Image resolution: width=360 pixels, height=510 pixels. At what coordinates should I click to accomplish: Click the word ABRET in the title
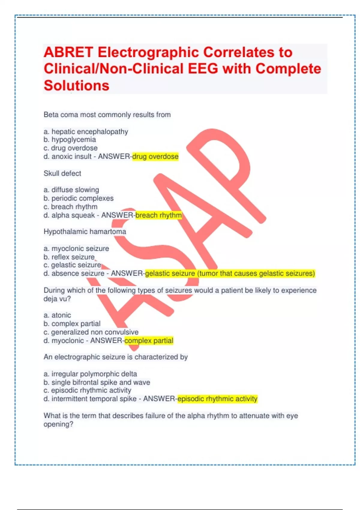tap(68, 52)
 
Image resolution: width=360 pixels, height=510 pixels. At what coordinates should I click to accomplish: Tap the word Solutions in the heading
tap(76, 85)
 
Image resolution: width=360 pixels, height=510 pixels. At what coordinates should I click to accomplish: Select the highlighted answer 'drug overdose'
tap(155, 157)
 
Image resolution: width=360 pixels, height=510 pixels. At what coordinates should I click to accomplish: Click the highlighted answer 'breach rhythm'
tap(158, 215)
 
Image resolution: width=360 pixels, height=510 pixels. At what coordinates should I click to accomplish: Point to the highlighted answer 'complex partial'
tap(149, 341)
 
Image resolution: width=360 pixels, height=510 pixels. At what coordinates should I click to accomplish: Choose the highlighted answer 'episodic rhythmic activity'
tap(217, 399)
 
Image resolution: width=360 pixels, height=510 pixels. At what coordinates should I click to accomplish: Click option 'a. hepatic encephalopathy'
tap(86, 132)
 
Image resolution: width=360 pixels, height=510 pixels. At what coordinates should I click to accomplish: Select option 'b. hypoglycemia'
tap(70, 140)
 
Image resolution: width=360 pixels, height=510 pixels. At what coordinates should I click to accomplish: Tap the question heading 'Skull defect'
tap(62, 173)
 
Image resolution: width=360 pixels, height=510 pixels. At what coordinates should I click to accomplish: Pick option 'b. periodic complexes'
tap(79, 198)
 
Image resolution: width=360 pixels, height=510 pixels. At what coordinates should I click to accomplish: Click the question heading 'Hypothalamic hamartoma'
tap(85, 232)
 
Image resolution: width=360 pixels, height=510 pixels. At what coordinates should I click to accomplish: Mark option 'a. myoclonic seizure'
tap(76, 249)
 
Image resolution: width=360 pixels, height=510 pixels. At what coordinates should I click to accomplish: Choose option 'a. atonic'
tap(57, 315)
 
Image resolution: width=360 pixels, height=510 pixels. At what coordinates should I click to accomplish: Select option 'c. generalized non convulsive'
tap(91, 332)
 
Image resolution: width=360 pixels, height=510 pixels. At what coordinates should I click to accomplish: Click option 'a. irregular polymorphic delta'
tap(90, 374)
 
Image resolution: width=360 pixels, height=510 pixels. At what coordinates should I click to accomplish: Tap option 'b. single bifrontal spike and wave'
tap(97, 382)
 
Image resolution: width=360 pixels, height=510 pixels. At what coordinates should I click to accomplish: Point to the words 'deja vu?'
tap(57, 299)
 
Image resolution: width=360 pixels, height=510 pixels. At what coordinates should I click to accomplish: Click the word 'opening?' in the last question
tap(58, 424)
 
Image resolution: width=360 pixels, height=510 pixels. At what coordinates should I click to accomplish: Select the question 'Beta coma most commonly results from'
tap(107, 115)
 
